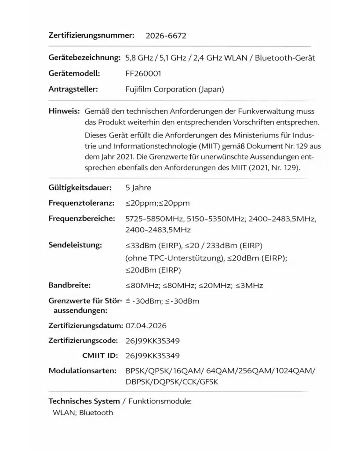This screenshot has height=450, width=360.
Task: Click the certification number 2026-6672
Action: point(166,36)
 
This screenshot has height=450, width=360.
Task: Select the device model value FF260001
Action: point(143,74)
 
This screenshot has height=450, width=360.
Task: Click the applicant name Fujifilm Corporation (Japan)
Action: point(175,89)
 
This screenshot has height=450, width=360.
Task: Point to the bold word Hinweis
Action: point(63,112)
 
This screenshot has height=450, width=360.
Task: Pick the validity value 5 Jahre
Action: point(138,188)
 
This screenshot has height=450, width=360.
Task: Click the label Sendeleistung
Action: point(75,244)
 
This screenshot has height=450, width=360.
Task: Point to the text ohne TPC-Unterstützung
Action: point(175,258)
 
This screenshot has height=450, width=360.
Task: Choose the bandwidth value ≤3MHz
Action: point(249,286)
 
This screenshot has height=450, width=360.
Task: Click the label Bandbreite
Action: point(69,286)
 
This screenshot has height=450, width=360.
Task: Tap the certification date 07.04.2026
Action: point(146,326)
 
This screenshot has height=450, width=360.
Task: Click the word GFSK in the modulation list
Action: point(208,382)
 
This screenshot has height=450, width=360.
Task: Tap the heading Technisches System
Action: point(84,401)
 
